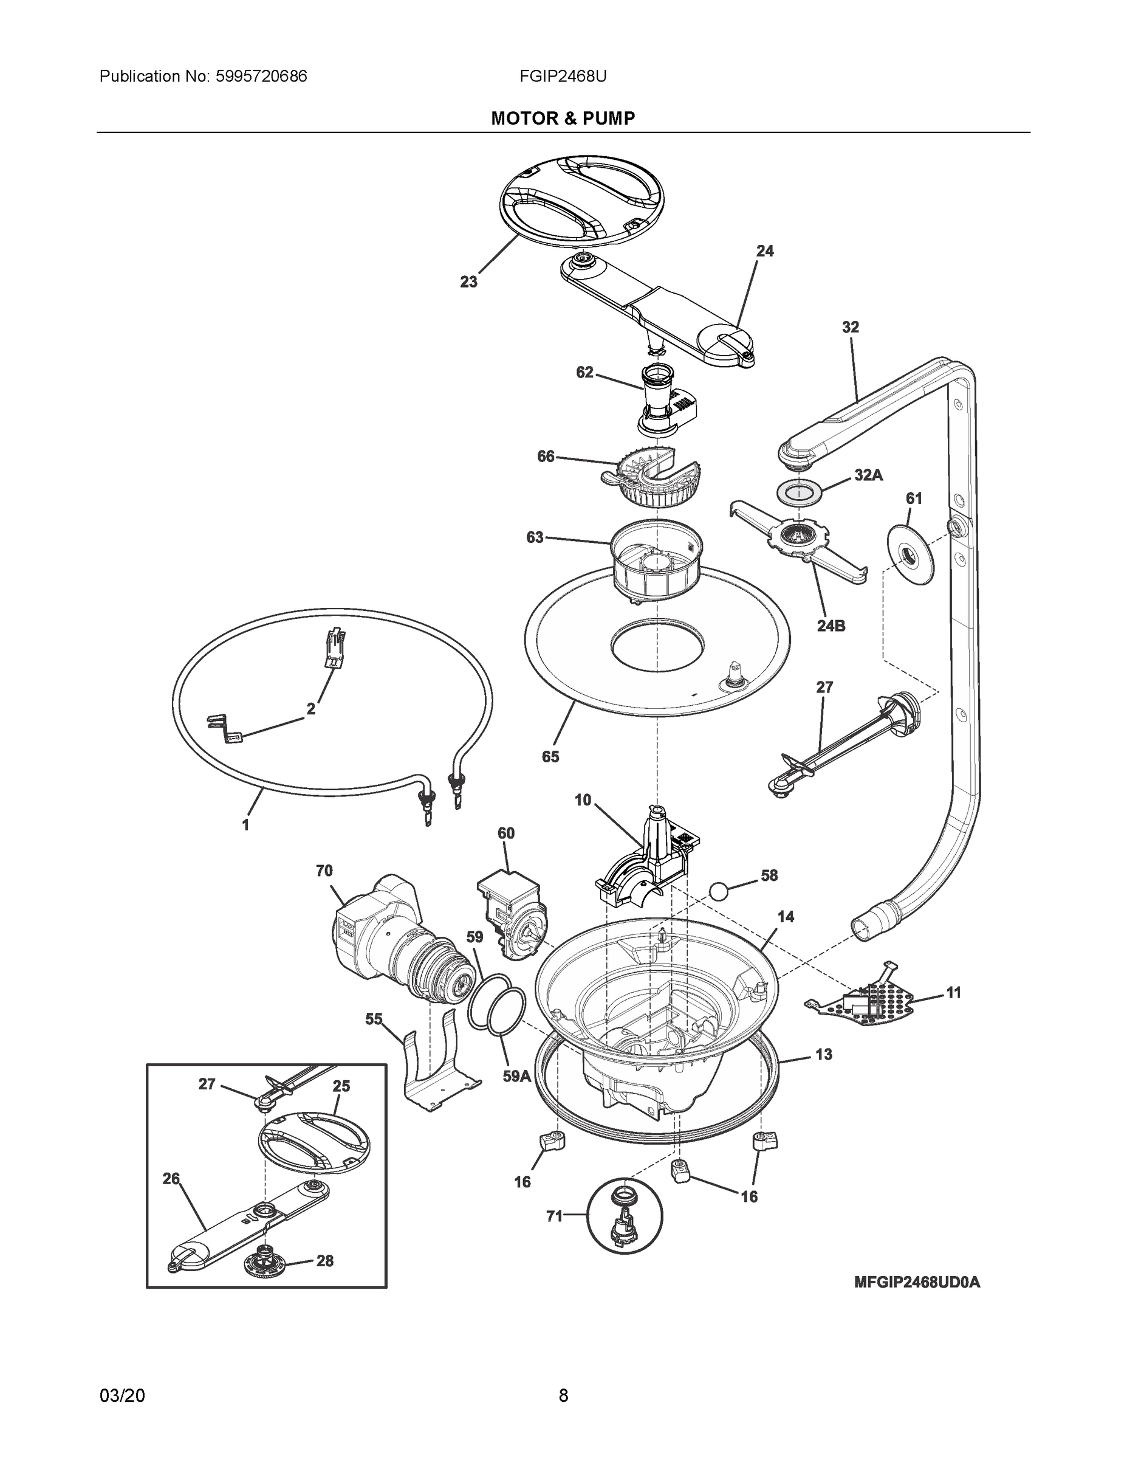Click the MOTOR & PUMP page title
click(563, 119)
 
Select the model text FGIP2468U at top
click(563, 76)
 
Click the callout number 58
click(769, 875)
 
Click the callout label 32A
click(868, 475)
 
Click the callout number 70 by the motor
click(324, 871)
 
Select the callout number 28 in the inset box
click(324, 1261)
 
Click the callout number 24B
click(831, 626)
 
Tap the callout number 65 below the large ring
click(550, 756)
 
